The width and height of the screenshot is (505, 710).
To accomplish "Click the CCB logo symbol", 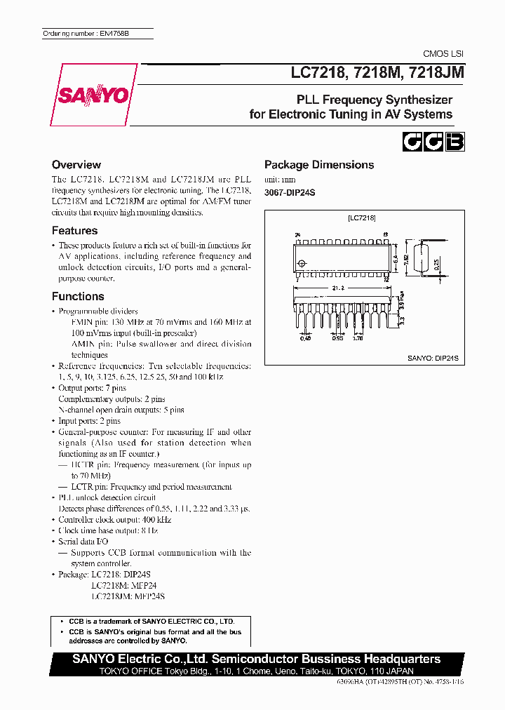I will coord(433,142).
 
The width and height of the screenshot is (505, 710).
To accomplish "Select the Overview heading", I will coord(76,164).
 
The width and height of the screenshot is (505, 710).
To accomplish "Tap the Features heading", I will coord(74,230).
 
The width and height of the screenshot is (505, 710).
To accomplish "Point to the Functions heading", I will coord(78,296).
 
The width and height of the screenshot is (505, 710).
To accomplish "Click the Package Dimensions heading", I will coord(318,164).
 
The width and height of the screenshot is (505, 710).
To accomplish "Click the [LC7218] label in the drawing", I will coord(362,218).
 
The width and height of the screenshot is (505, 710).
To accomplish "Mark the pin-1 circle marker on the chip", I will coord(302,264).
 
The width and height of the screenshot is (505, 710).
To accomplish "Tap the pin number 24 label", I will coord(297,235).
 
